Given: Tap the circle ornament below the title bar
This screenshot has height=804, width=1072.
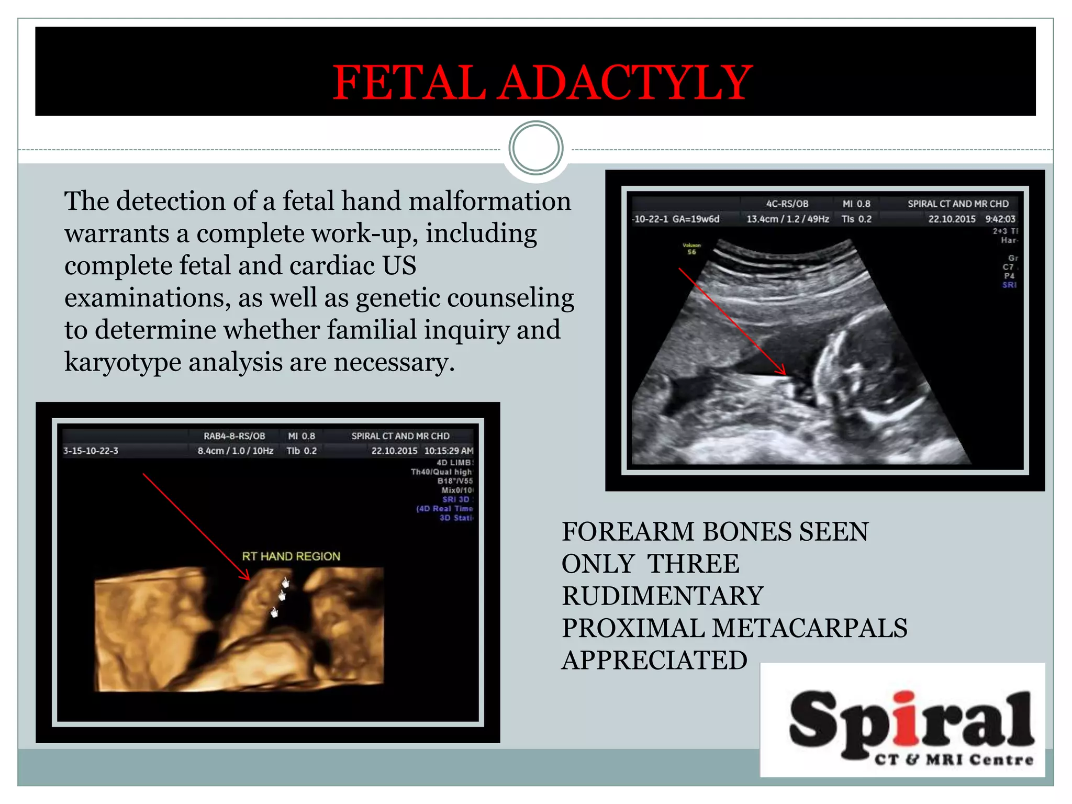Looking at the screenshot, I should [536, 148].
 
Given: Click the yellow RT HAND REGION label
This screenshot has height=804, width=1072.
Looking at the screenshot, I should [291, 556].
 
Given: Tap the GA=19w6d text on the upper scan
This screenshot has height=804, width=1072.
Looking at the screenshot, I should [696, 219].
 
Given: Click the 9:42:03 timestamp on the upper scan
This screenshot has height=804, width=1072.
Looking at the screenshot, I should [1000, 219].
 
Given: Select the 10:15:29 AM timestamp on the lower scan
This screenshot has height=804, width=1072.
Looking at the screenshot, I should [449, 451].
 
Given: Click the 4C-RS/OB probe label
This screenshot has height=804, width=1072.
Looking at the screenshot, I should [787, 204].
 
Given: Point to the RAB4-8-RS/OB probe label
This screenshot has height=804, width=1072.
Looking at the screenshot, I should [234, 436].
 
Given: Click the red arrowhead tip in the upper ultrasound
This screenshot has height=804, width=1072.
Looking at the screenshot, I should [785, 374].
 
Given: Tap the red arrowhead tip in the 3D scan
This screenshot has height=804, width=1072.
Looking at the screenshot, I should [249, 579].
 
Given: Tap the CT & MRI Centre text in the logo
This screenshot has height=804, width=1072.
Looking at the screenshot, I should [954, 760].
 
